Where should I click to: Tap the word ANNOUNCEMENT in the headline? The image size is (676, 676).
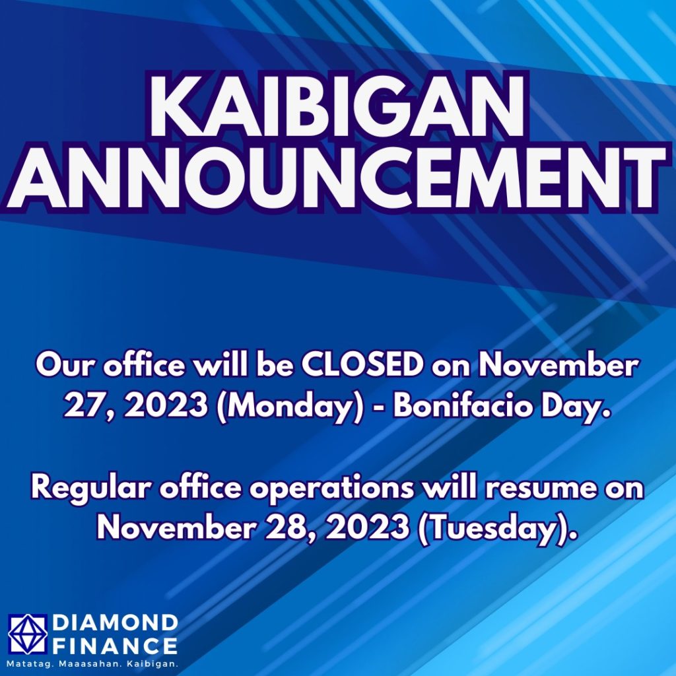[x=337, y=178]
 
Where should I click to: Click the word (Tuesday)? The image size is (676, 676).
[x=492, y=527]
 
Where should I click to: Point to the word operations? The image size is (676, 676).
[x=332, y=489]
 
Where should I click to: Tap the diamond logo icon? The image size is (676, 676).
[x=28, y=633]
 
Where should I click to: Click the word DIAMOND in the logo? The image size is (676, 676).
[x=115, y=623]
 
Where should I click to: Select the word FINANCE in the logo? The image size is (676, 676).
[x=115, y=646]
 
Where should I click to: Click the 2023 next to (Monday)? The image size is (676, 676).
[x=166, y=406]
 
